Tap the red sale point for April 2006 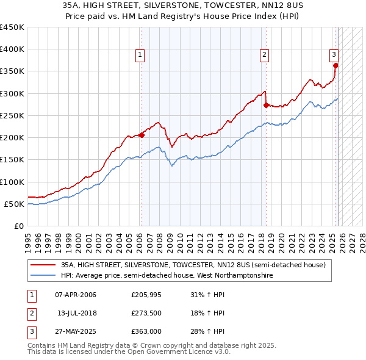point(142,135)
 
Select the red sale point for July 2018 point(266,105)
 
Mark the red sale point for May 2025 point(335,66)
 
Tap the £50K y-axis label point(14,204)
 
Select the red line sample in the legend point(43,265)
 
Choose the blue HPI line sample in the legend point(43,276)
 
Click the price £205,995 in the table point(145,295)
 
